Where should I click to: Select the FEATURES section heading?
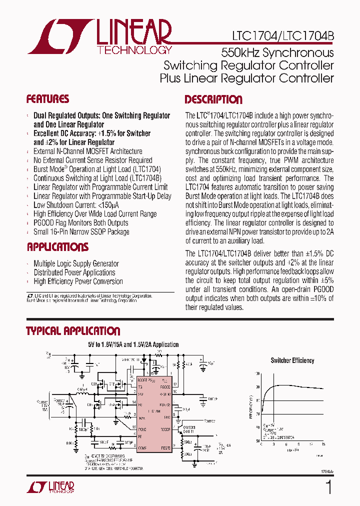pyautogui.click(x=47, y=99)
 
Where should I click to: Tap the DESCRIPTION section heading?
pyautogui.click(x=213, y=99)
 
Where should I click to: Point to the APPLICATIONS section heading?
pyautogui.click(x=57, y=247)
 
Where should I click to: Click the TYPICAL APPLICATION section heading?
pyautogui.click(x=73, y=331)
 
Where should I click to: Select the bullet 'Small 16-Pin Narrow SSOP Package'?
pyautogui.click(x=81, y=231)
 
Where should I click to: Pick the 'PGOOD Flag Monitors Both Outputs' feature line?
pyautogui.click(x=80, y=222)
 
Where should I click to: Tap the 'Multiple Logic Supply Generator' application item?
pyautogui.click(x=76, y=263)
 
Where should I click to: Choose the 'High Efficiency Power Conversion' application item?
pyautogui.click(x=78, y=281)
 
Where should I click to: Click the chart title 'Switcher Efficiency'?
pyautogui.click(x=292, y=360)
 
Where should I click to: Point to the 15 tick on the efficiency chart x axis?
pyautogui.click(x=323, y=443)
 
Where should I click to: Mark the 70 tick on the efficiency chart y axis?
pyautogui.click(x=257, y=414)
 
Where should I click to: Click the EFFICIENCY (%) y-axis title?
pyautogui.click(x=250, y=406)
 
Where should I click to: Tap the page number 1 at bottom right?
pyautogui.click(x=328, y=487)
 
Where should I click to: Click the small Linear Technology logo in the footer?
pyautogui.click(x=49, y=487)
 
